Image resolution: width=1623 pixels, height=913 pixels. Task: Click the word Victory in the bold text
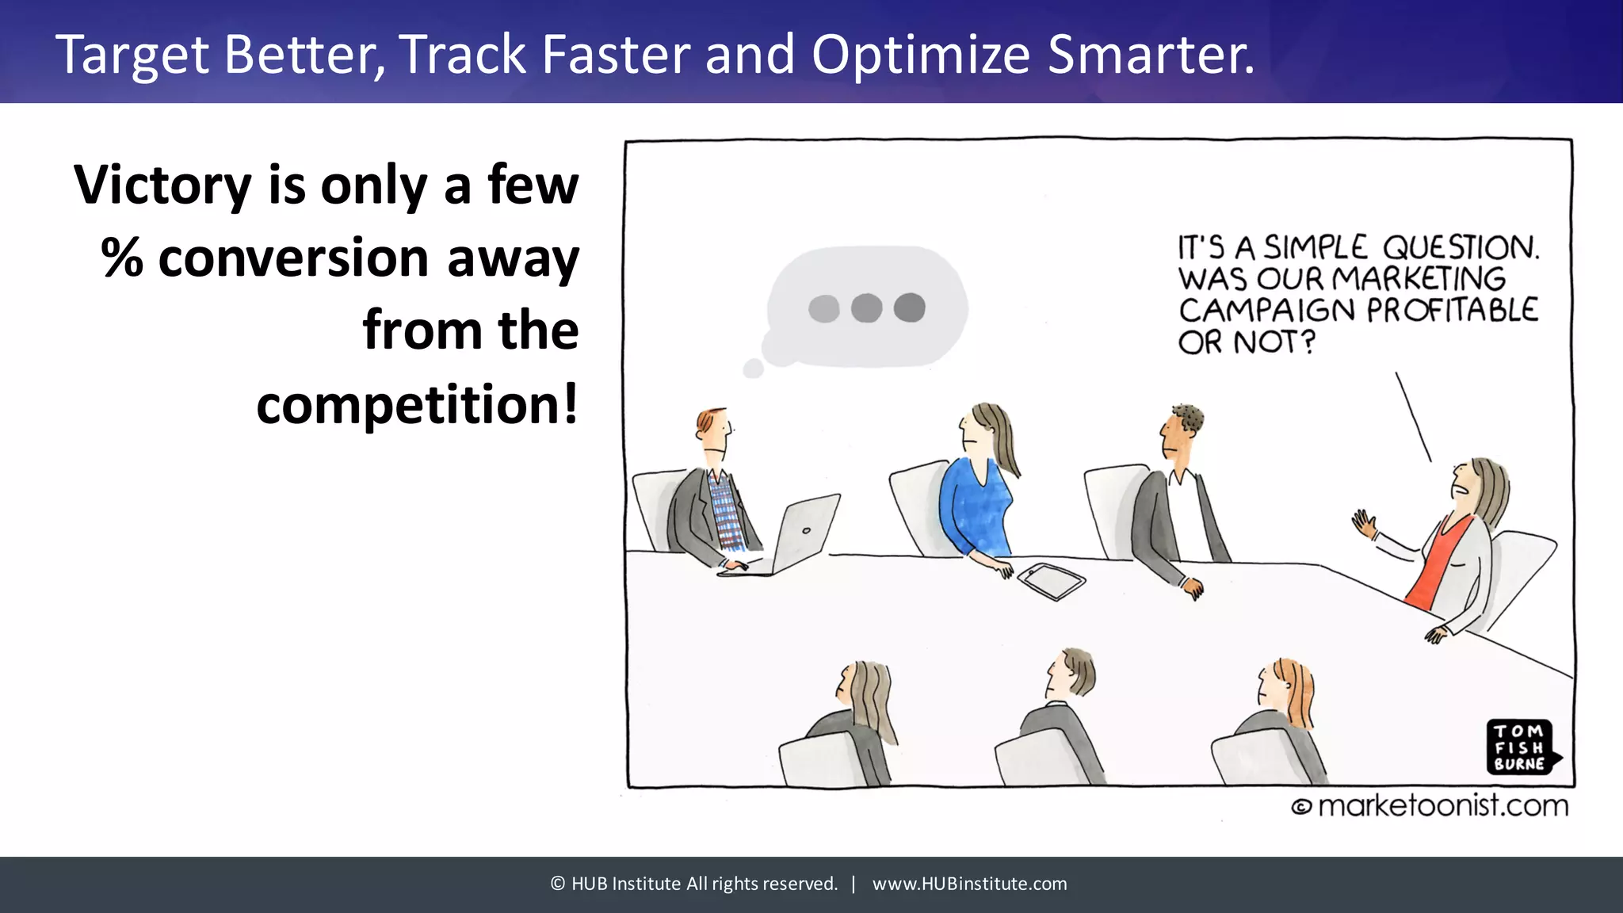click(162, 185)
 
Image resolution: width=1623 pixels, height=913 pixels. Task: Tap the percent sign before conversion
click(121, 258)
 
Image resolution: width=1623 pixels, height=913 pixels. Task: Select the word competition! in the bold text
click(417, 405)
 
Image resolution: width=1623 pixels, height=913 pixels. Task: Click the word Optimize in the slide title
click(920, 55)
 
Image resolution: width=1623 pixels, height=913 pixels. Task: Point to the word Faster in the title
click(617, 55)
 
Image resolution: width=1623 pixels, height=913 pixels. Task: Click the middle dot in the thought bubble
click(866, 308)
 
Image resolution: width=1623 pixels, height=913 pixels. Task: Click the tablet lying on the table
click(1051, 581)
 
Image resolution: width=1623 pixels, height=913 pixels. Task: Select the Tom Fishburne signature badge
click(1520, 747)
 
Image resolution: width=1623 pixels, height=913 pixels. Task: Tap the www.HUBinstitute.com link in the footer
click(969, 884)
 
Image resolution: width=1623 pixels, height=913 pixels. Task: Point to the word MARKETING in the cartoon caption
click(1419, 279)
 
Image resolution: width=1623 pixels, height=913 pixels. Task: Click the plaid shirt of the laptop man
click(725, 511)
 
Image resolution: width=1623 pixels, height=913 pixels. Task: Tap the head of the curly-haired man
click(1179, 432)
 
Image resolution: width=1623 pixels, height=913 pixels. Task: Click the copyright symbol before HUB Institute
click(558, 884)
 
